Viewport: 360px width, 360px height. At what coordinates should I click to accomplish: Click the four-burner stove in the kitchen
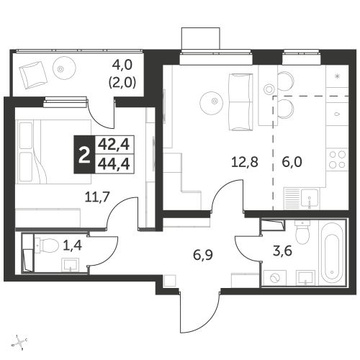(337, 159)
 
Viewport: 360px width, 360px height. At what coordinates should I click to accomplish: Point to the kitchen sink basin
(310, 198)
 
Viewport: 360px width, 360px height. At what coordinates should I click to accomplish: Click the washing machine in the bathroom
(275, 278)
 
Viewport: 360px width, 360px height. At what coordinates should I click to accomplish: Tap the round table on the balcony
(64, 68)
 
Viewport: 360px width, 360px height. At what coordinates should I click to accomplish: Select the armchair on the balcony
(33, 75)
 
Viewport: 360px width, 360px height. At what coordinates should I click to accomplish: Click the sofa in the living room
(241, 102)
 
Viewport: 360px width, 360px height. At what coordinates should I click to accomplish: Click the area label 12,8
(245, 162)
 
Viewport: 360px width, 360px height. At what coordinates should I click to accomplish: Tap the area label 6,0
(292, 162)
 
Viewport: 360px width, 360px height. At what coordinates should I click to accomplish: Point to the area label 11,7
(97, 197)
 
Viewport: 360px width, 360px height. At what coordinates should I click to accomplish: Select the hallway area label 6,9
(203, 254)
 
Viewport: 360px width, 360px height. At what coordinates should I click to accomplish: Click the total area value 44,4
(114, 164)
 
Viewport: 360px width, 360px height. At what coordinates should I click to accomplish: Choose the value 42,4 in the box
(114, 145)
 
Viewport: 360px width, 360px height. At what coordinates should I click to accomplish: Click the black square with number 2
(84, 155)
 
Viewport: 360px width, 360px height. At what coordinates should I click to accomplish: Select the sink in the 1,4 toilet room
(70, 265)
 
